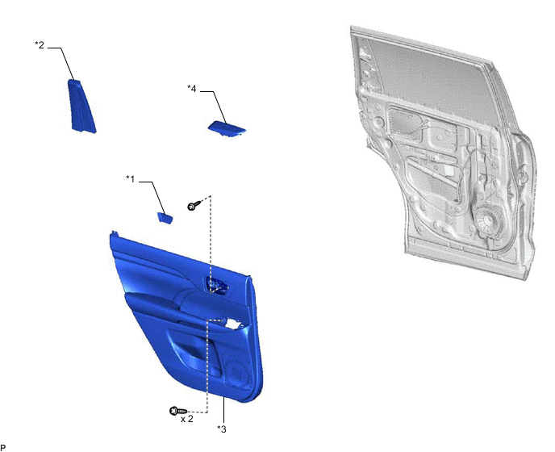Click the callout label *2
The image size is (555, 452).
coord(40,45)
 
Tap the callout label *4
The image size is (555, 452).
coord(191,89)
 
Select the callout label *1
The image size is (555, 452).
coord(130,179)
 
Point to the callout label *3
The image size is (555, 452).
coord(222,429)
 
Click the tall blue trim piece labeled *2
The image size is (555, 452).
coord(81,107)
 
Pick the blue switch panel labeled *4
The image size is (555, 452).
coord(227,129)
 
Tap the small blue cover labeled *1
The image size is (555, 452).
coord(165,218)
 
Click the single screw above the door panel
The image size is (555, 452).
coord(194,205)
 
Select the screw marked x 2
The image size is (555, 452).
coord(178,411)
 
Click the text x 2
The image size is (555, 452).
coord(187,419)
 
